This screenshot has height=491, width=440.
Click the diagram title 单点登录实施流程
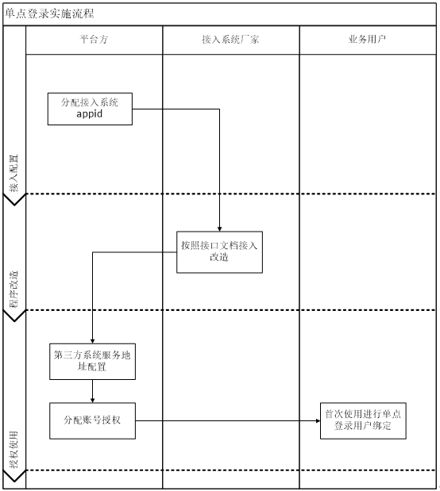coord(49,13)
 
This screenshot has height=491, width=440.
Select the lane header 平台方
coord(94,40)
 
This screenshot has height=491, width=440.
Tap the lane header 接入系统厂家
coord(230,40)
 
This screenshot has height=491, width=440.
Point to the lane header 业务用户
coord(367,40)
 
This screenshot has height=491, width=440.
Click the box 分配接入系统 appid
coord(90,109)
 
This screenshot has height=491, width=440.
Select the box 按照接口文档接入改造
coord(219,252)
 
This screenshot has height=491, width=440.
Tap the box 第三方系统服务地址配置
coord(92,362)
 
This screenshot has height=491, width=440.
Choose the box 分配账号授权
coord(92,420)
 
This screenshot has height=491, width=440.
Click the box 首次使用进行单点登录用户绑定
coord(363,420)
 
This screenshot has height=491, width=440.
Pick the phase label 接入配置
coord(14,173)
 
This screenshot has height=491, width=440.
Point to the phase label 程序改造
coord(14,290)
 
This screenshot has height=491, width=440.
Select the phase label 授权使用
coord(14,450)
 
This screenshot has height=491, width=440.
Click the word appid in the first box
coord(90,113)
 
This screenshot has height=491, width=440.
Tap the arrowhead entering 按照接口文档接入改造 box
coord(219,229)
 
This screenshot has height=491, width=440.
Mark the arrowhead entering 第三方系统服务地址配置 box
coord(92,342)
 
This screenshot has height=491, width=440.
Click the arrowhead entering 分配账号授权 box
coord(92,401)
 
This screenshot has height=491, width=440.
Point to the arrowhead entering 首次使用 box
coord(318,420)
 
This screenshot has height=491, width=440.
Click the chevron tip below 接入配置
coord(14,205)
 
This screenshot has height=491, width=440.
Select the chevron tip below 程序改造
coord(14,321)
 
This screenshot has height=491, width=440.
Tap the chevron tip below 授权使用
coord(14,481)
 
